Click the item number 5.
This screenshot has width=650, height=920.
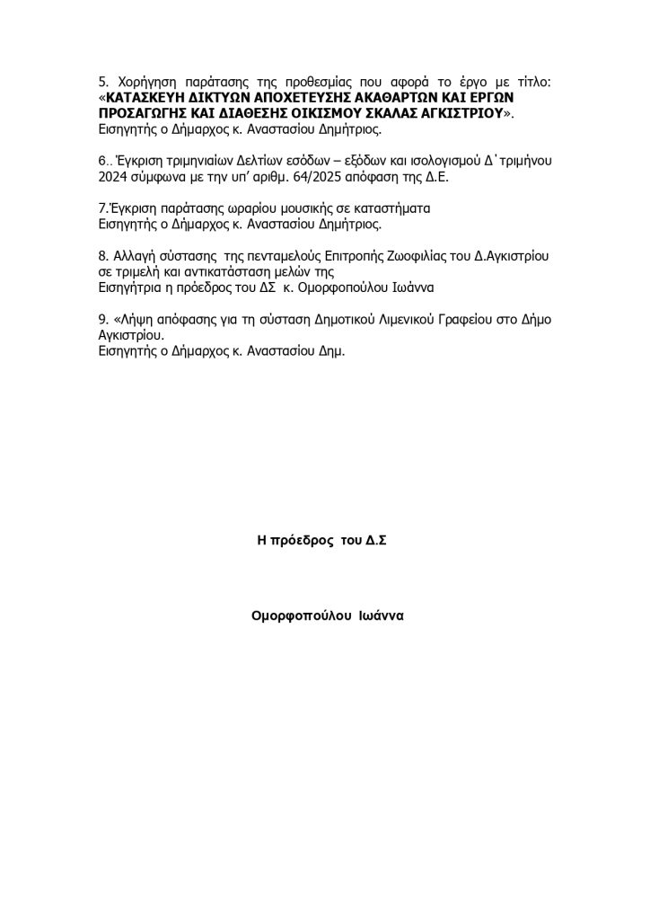click(99, 83)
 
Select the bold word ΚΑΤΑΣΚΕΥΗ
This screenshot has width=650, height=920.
click(144, 98)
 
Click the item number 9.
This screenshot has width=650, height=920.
click(100, 321)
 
